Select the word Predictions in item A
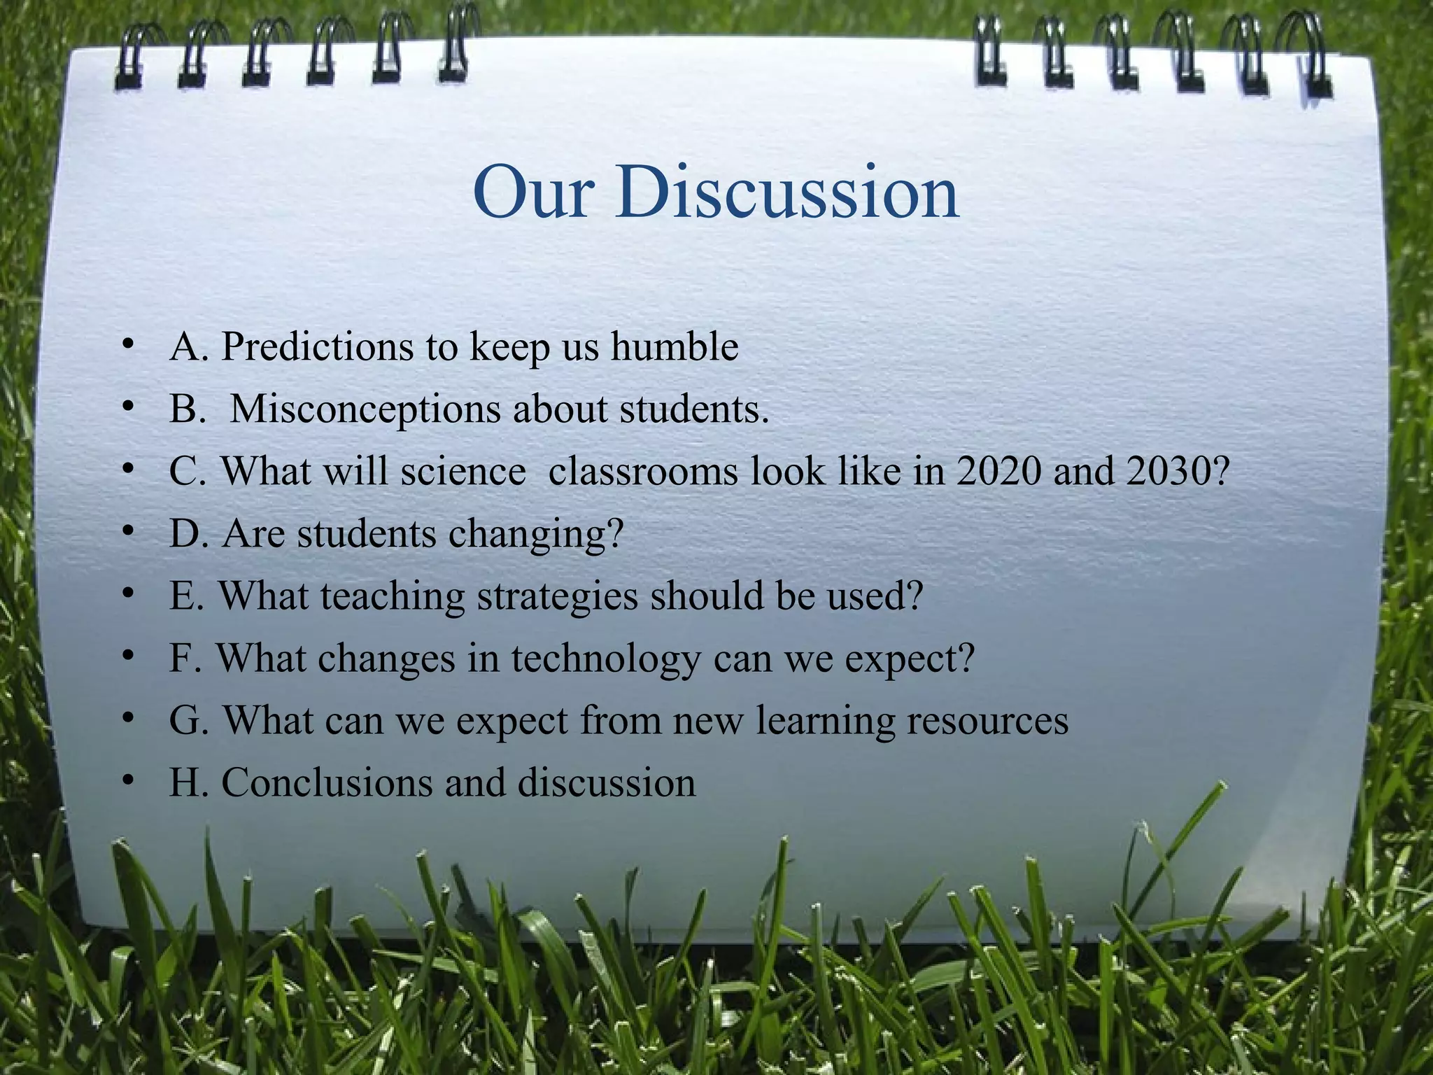[317, 346]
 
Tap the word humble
[675, 346]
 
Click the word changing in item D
[535, 535]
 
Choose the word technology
[605, 659]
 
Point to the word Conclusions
[327, 782]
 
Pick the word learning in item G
[825, 722]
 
